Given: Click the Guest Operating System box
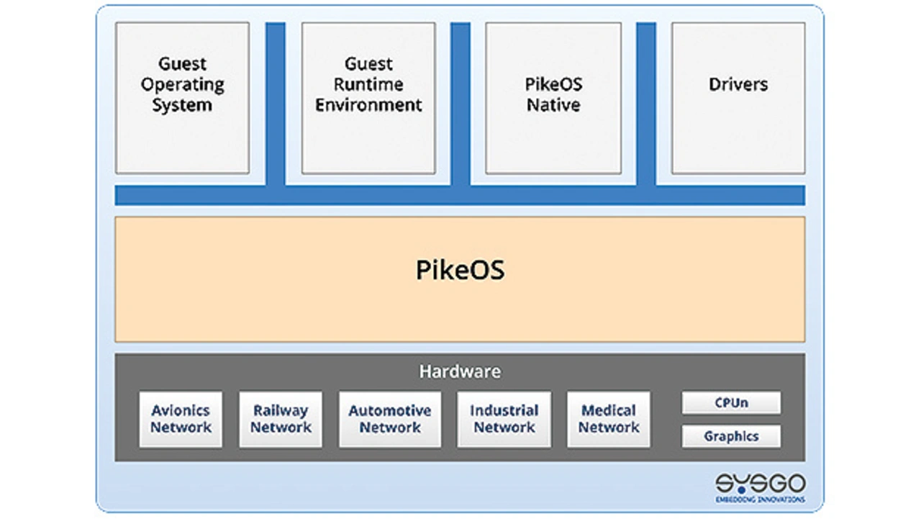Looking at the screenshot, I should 182,98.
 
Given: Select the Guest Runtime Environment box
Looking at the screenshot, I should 368,98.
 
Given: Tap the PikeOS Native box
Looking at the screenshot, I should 553,98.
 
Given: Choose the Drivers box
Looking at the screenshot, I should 738,98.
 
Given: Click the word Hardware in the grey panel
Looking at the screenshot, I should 460,372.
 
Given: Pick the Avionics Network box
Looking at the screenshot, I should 181,419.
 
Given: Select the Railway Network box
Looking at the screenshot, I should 281,419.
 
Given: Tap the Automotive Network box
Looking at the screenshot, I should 390,419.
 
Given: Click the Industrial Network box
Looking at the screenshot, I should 504,419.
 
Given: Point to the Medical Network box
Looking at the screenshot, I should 609,419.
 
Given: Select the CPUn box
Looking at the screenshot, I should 731,403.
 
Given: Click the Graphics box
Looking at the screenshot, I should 731,436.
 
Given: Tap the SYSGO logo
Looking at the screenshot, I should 760,483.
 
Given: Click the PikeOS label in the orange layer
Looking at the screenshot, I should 460,270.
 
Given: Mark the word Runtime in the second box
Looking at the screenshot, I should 368,84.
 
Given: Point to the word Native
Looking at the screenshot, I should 553,105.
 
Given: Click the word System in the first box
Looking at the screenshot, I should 182,105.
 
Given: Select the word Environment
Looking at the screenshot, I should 368,105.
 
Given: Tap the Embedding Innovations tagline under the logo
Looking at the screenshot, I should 760,499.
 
